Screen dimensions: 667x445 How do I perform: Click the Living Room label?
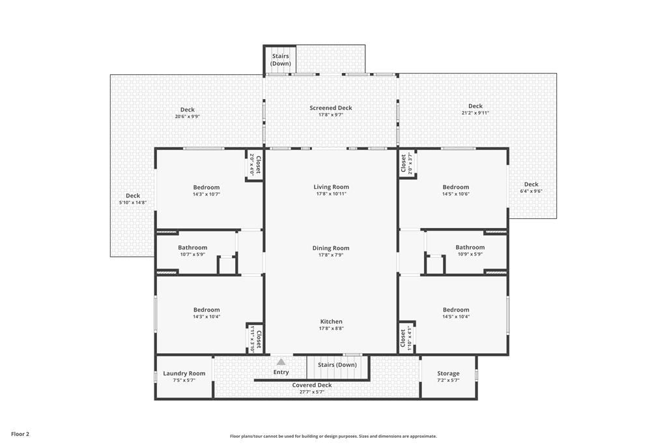tap(331, 187)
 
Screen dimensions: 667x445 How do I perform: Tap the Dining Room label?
tap(330, 248)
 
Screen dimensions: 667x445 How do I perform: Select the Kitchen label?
tap(331, 322)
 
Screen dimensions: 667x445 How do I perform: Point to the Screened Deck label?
tap(330, 108)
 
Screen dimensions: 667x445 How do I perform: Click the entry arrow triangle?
tap(281, 362)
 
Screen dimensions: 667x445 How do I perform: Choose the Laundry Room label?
tap(184, 373)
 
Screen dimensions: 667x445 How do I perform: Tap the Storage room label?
tap(448, 373)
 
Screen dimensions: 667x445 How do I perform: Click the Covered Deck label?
tap(312, 385)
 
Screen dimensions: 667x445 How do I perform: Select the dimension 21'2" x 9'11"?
tap(475, 113)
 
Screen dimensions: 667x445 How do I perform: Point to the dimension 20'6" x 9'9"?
tap(187, 117)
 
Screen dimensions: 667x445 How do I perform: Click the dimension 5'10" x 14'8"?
tap(133, 203)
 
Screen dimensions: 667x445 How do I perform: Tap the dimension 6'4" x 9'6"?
tap(531, 192)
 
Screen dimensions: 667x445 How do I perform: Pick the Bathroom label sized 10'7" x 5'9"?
tap(192, 248)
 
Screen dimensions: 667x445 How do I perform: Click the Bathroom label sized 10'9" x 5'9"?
tap(470, 247)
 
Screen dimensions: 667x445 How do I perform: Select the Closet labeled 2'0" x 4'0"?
tap(258, 165)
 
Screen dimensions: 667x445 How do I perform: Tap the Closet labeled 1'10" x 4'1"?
tap(403, 339)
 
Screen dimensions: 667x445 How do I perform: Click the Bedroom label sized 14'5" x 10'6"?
tap(455, 187)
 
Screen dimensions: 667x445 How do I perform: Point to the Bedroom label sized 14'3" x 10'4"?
tap(206, 310)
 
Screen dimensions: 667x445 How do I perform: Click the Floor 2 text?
tap(20, 435)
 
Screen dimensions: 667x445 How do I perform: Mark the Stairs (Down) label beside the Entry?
tap(337, 365)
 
